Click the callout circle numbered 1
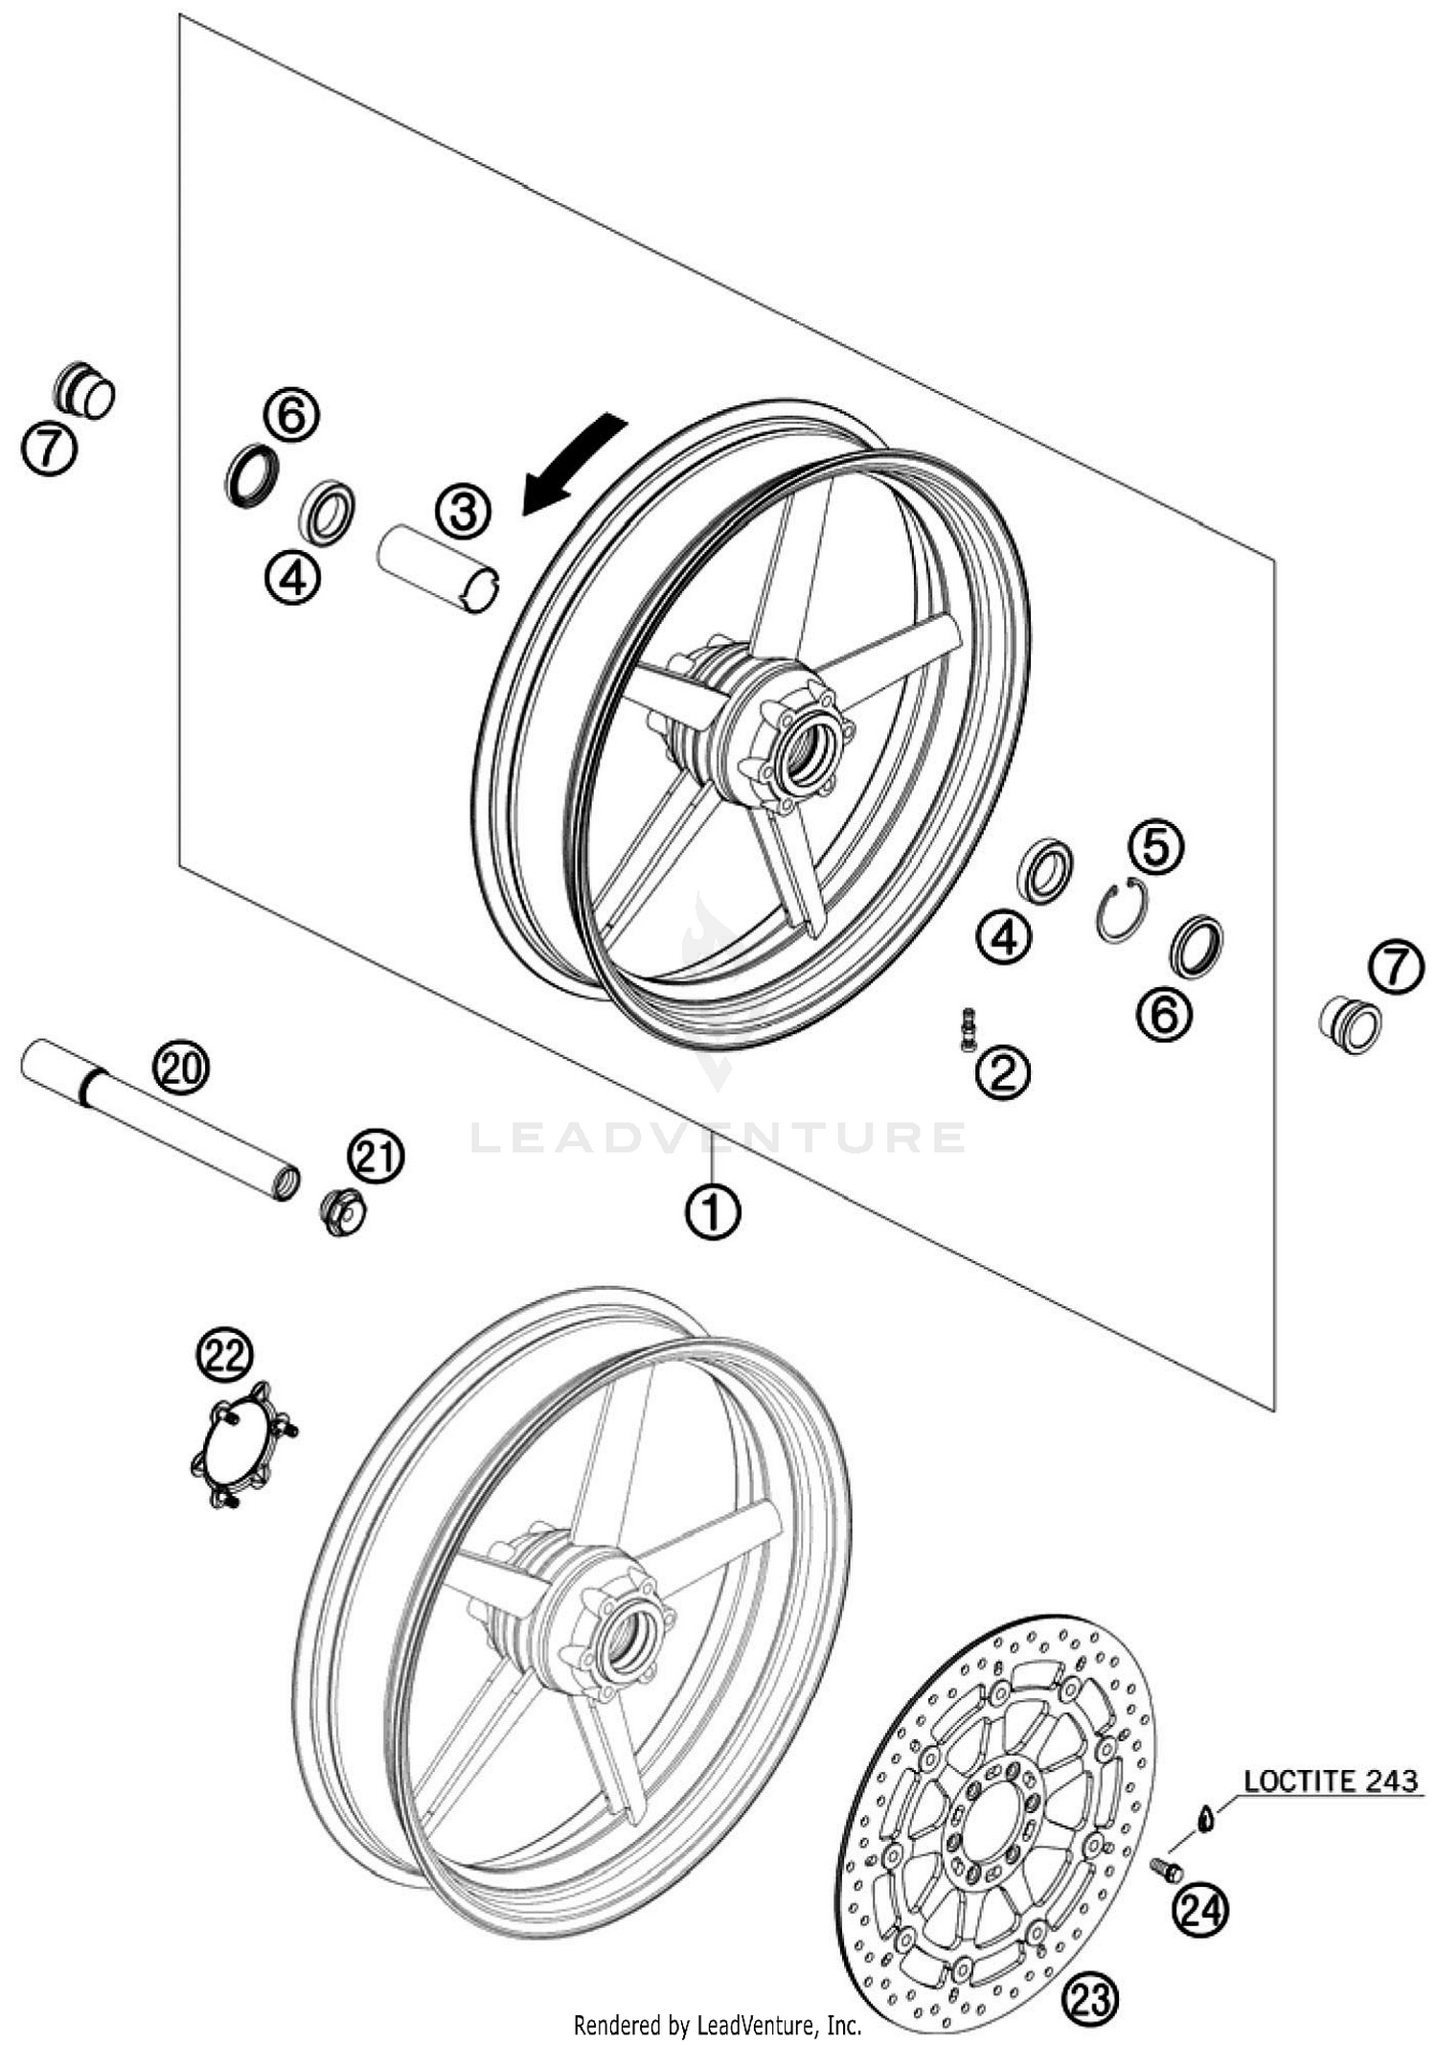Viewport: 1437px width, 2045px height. pyautogui.click(x=713, y=1212)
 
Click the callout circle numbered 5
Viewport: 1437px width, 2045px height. pyautogui.click(x=1155, y=846)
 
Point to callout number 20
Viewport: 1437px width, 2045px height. pyautogui.click(x=182, y=1067)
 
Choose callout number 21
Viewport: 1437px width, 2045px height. pyautogui.click(x=376, y=1157)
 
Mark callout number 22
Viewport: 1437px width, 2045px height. pyautogui.click(x=226, y=1355)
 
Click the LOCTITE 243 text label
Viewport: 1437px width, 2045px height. pyautogui.click(x=1330, y=1781)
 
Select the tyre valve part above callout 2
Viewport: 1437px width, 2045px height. pyautogui.click(x=968, y=1028)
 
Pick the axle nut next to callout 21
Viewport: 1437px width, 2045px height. pyautogui.click(x=343, y=1211)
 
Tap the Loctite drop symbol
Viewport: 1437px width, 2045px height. pyautogui.click(x=1206, y=1815)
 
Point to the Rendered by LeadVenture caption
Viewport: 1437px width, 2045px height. pyautogui.click(x=718, y=2025)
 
